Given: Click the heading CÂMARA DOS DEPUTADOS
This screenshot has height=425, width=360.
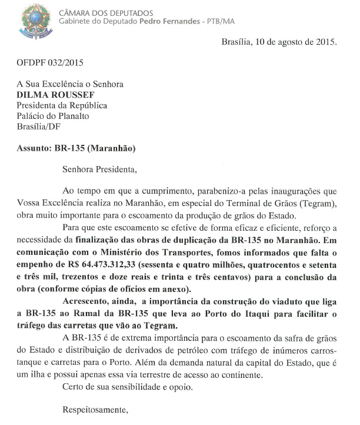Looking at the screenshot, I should point(106,12).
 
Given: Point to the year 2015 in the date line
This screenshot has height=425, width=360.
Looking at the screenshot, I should point(325,42).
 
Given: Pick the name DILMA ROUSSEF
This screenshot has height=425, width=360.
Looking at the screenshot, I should point(55,95).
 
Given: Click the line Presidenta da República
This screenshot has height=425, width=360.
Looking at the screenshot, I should point(62,105).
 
